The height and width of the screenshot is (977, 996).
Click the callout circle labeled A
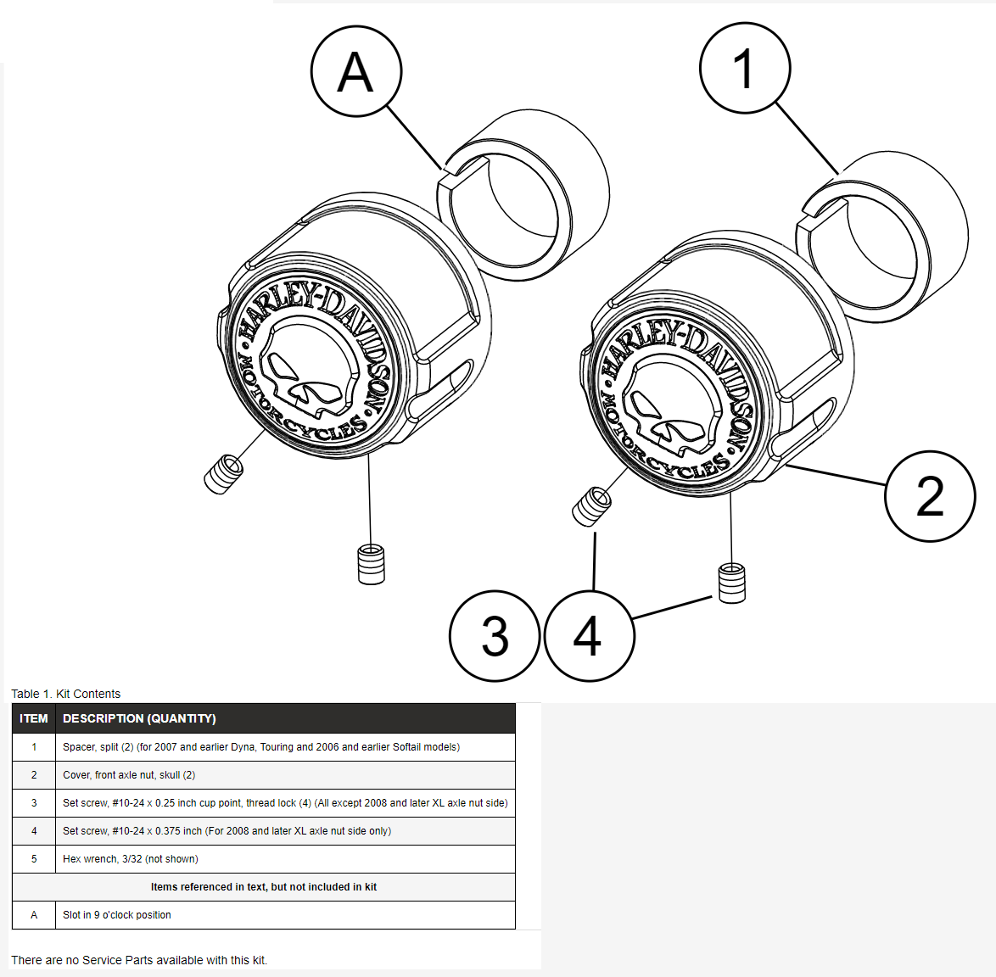356,71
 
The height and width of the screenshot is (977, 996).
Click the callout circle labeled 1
745,69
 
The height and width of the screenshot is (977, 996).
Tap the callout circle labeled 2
930,496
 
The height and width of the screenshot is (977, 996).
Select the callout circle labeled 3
495,635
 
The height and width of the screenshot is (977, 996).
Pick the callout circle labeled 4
589,636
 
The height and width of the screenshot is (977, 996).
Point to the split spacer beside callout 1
882,237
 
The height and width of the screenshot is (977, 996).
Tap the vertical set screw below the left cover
371,564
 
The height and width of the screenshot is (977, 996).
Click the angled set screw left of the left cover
223,473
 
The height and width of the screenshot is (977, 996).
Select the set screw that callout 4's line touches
731,583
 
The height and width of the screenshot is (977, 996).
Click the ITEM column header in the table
34,718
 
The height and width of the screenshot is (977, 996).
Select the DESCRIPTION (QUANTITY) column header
139,718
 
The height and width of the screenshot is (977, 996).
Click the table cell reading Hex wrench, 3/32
131,859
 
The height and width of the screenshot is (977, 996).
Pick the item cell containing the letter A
34,915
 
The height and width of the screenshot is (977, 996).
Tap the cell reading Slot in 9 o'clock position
117,915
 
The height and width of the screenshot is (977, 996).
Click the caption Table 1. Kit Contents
66,694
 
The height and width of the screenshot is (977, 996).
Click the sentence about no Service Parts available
139,960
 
